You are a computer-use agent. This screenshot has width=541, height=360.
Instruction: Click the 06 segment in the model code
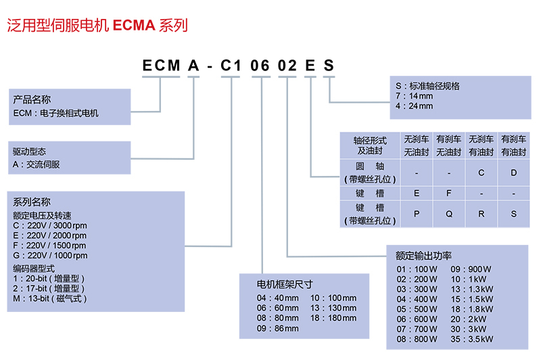(x=260, y=66)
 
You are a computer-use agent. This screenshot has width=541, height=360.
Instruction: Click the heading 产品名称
(x=31, y=99)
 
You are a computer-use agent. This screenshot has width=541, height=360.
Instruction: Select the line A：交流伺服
(x=37, y=164)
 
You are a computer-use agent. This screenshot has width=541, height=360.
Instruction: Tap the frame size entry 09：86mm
(x=277, y=329)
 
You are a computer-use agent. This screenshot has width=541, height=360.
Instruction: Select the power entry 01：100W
(x=417, y=269)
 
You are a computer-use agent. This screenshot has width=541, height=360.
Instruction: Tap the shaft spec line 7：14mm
(x=414, y=96)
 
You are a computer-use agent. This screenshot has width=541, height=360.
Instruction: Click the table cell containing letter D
(x=514, y=173)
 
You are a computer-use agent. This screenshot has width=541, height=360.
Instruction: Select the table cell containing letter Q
(x=449, y=214)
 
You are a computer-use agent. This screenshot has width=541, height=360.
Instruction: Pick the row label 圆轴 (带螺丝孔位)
(x=370, y=173)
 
